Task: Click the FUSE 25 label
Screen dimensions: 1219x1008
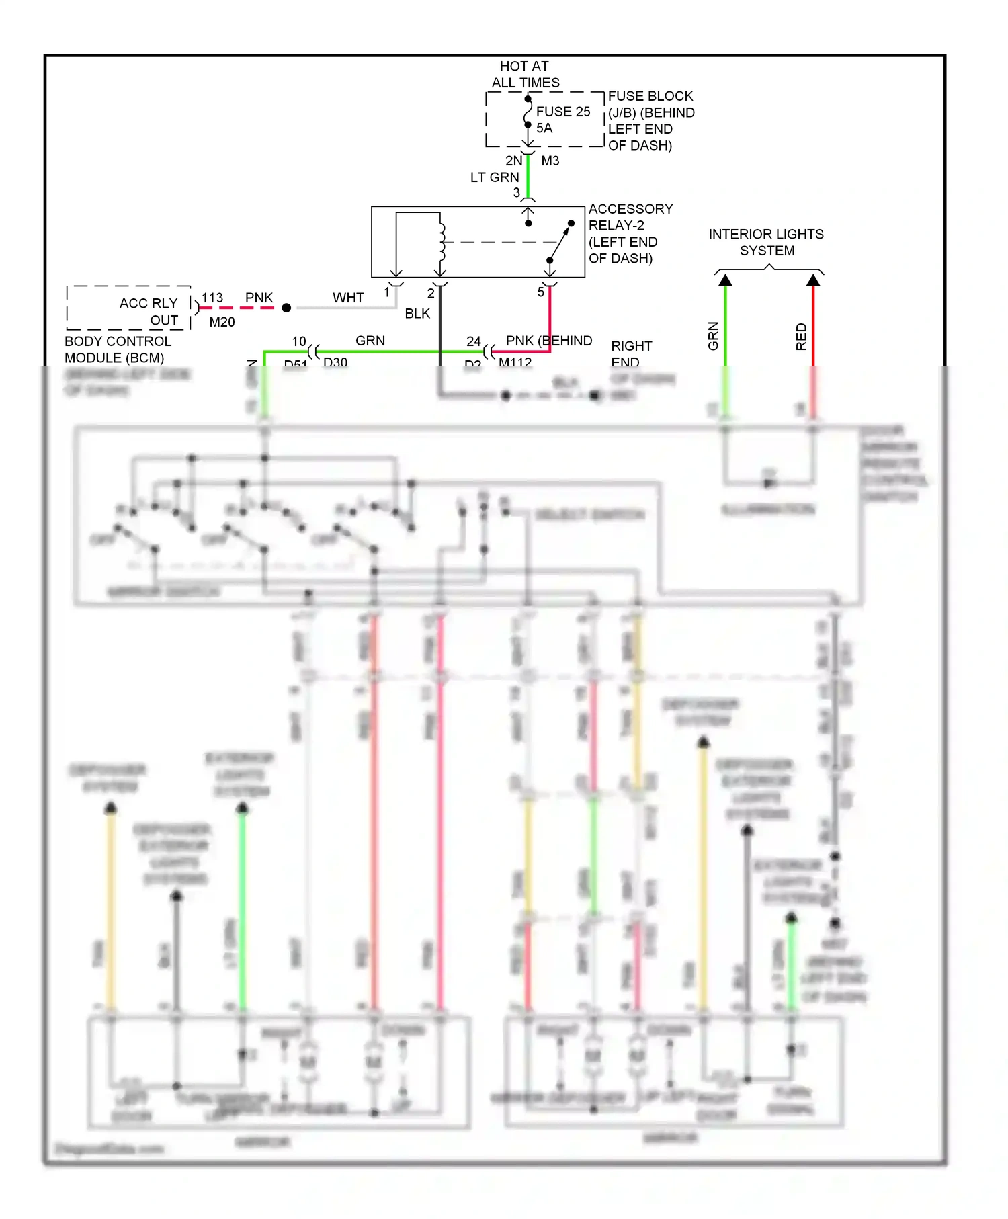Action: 562,112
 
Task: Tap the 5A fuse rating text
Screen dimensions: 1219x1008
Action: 544,128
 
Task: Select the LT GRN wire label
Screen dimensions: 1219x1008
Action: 494,177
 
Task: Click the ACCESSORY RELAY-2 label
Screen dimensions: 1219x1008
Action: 630,217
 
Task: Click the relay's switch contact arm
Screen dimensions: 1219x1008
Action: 559,243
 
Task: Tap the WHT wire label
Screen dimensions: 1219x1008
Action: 348,298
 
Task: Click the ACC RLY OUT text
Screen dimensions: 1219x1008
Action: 149,311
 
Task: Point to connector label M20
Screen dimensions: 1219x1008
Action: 222,322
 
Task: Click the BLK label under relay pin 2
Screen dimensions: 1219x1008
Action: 417,314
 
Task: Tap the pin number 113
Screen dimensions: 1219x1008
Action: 212,298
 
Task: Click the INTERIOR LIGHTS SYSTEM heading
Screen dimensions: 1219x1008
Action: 766,242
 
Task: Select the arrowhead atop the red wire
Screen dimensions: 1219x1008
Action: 813,280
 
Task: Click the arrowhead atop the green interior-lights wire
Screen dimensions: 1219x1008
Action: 725,280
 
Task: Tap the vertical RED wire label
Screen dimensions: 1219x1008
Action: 801,337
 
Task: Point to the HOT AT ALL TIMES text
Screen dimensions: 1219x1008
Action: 525,74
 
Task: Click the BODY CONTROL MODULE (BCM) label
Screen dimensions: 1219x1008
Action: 118,349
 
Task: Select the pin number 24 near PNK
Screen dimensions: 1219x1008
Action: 474,341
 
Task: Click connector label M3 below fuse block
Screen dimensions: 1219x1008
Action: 550,161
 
